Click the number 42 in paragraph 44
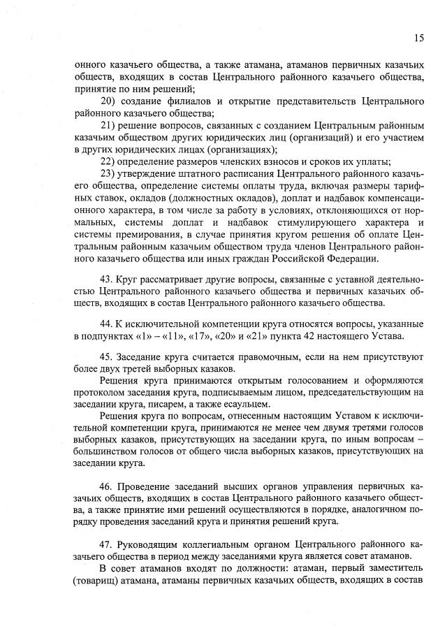tap(295, 338)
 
